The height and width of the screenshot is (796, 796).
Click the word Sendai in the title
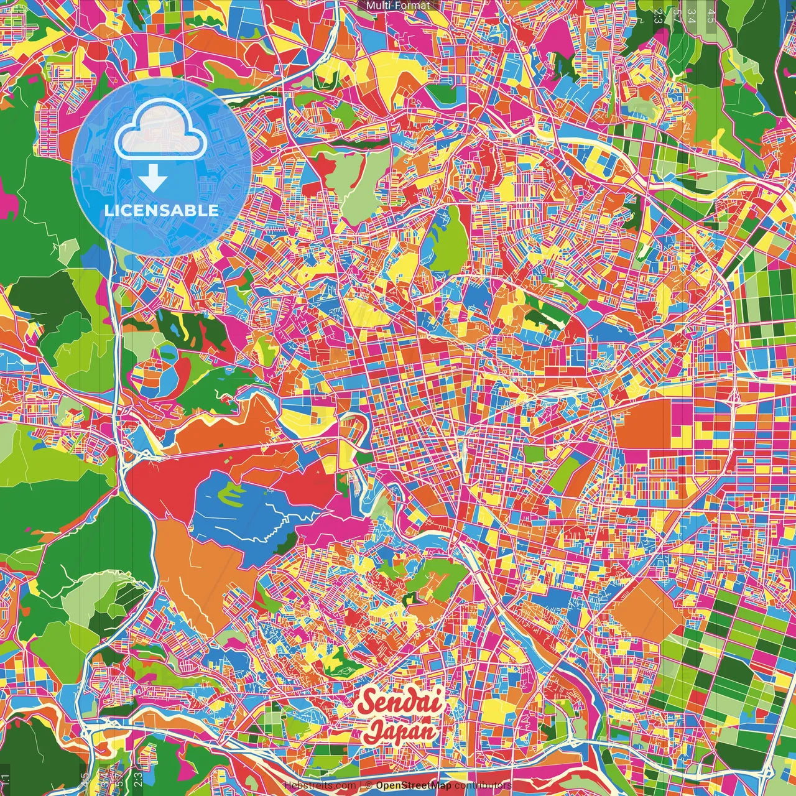tap(402, 703)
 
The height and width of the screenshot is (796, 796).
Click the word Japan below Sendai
tap(401, 730)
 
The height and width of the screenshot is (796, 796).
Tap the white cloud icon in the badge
tap(161, 132)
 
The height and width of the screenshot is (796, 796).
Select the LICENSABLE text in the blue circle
tap(162, 210)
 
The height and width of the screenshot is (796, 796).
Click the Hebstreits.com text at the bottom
tap(320, 785)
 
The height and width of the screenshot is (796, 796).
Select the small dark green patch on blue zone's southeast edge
tap(410, 599)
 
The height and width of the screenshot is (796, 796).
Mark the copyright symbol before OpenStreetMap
tap(368, 785)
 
